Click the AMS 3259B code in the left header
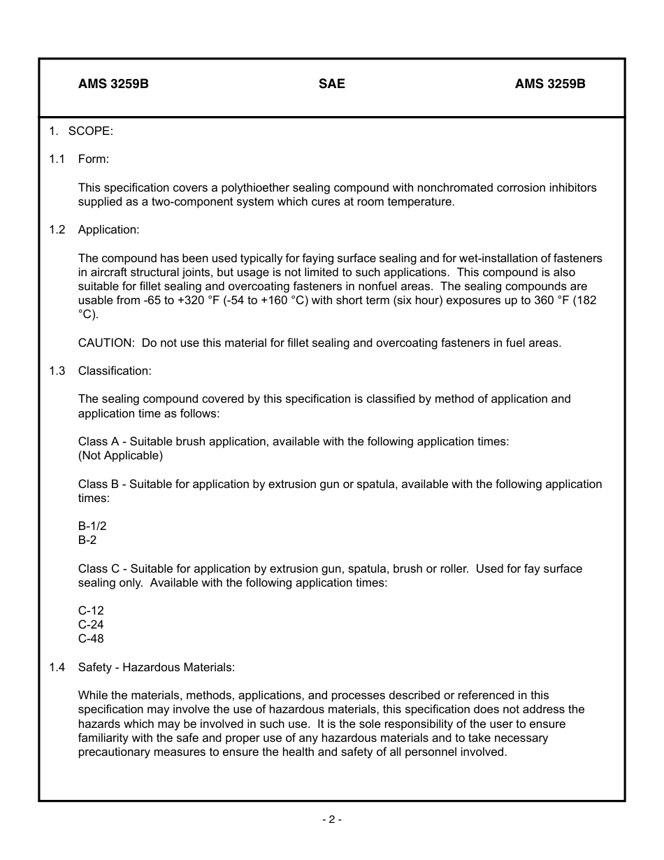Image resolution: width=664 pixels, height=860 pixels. (113, 84)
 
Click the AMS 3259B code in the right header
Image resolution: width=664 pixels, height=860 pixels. (550, 84)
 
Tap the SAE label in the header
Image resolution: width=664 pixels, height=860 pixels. (331, 84)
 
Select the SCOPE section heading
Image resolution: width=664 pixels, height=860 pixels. (90, 131)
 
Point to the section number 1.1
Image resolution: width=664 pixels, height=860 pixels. (57, 159)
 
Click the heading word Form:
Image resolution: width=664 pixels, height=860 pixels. (94, 159)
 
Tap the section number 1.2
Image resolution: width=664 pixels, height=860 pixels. (57, 230)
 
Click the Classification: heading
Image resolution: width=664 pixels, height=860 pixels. (115, 371)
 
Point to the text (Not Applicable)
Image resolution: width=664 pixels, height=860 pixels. (120, 456)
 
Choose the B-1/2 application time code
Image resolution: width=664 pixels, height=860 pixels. (92, 526)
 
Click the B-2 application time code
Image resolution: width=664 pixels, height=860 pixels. (88, 540)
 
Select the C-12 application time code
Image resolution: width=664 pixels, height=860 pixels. (91, 610)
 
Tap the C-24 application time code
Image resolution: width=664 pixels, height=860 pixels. (91, 624)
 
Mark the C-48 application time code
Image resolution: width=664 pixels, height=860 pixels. (91, 638)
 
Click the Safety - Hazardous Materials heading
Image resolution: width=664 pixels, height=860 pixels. (157, 667)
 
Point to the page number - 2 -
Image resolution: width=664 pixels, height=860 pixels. (331, 819)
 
